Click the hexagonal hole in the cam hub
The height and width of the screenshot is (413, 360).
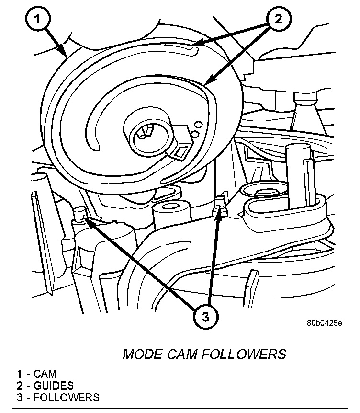click(145, 134)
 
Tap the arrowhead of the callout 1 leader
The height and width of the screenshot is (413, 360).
click(67, 54)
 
